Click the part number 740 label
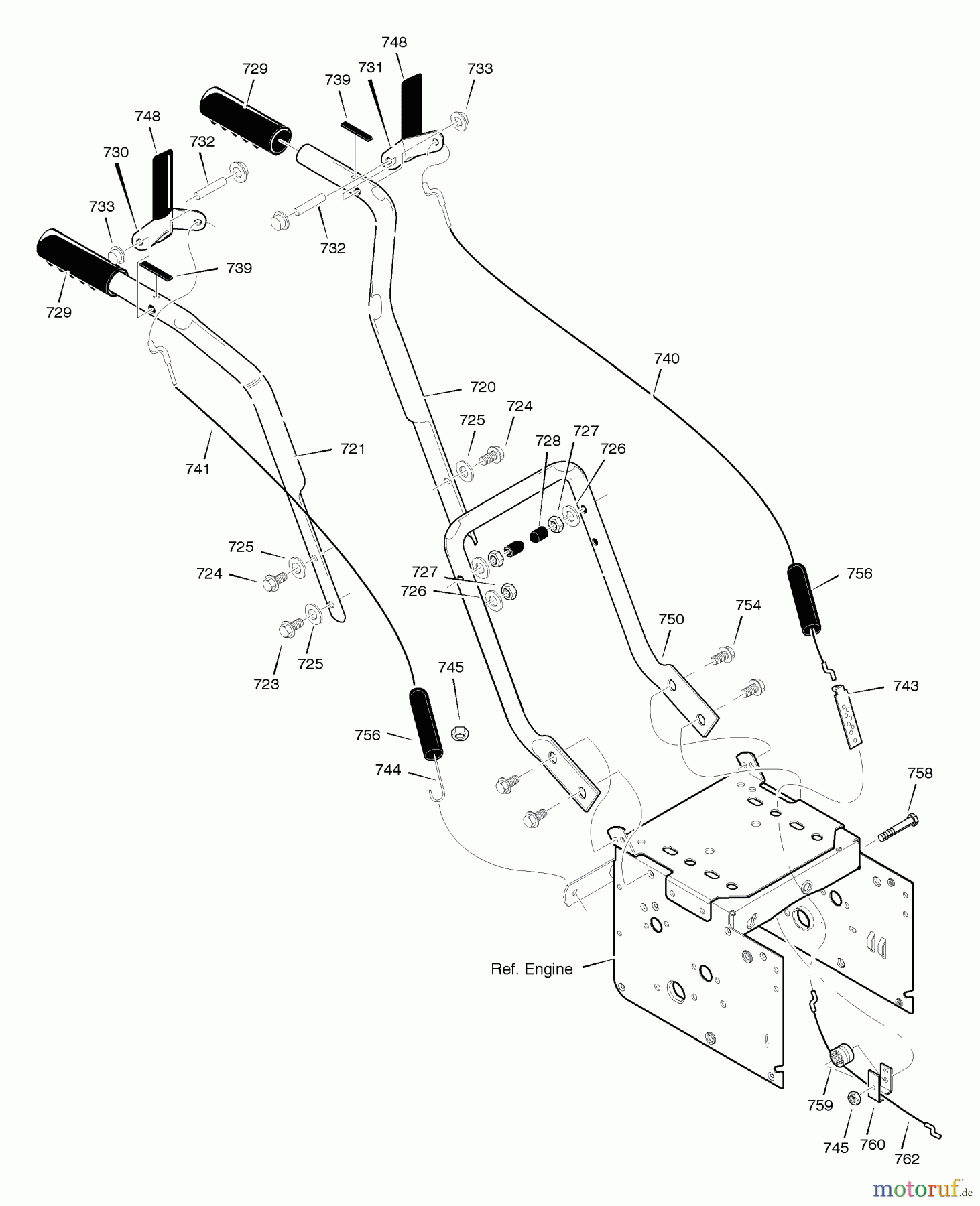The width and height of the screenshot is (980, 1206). tap(666, 358)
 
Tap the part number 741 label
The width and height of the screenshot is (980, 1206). tap(198, 469)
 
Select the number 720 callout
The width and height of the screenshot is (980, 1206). tap(483, 387)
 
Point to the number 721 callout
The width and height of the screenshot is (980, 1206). tap(353, 449)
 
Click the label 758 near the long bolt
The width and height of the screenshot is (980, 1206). tap(920, 773)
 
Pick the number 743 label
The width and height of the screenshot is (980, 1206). tap(906, 686)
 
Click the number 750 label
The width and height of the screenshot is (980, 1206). tap(671, 619)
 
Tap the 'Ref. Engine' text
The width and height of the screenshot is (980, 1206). tap(532, 969)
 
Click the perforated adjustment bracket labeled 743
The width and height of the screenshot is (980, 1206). tap(847, 716)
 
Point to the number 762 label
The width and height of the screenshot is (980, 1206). tap(907, 1159)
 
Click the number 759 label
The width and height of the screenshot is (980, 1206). tap(820, 1105)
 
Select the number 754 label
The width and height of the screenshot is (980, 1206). tap(748, 605)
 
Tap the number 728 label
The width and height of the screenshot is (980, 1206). tap(548, 440)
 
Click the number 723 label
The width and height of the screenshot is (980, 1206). tap(266, 684)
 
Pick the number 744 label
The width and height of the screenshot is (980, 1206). tap(388, 770)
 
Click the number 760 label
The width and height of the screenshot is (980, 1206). tap(873, 1144)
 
